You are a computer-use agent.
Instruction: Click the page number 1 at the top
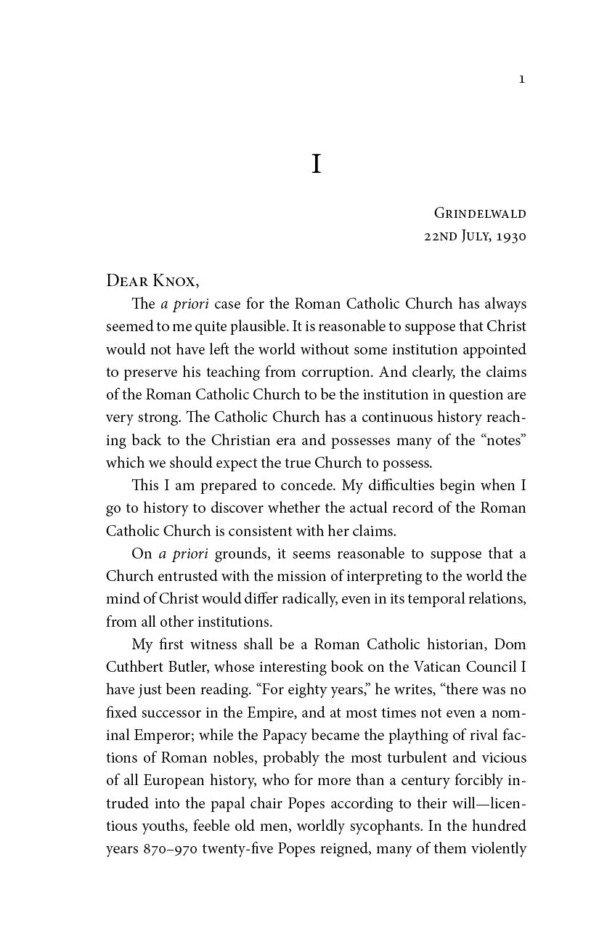(x=521, y=79)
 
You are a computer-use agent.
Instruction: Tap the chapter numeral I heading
(x=316, y=164)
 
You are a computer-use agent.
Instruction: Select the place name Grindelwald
(x=480, y=214)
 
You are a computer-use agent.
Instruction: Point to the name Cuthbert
(x=136, y=667)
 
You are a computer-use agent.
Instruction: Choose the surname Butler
(x=187, y=667)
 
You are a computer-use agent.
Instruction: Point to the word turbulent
(x=404, y=758)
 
